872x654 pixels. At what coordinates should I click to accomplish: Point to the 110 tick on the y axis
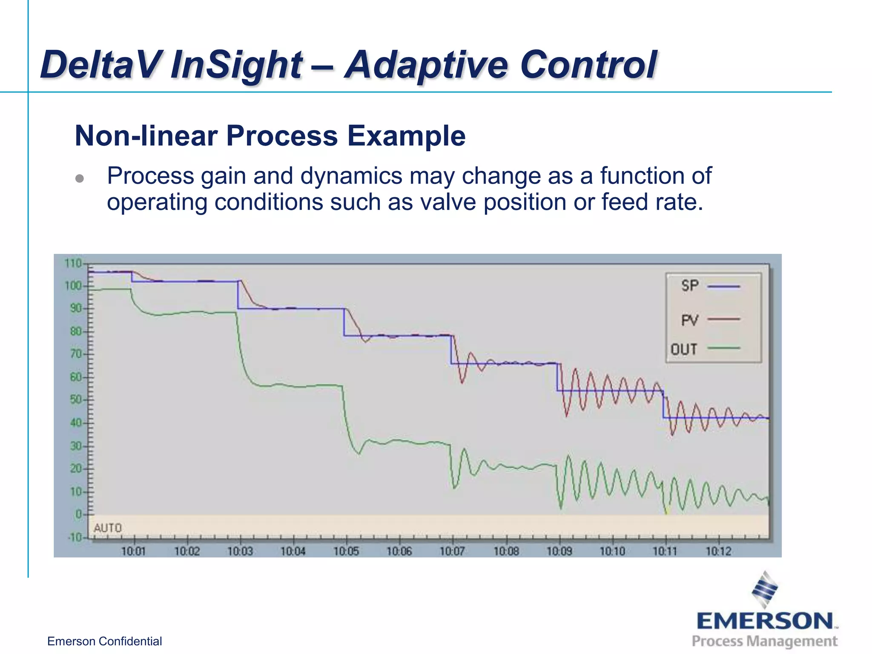[73, 264]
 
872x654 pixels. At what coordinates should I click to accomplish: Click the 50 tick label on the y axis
[75, 399]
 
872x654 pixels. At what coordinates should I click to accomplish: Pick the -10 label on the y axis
[75, 537]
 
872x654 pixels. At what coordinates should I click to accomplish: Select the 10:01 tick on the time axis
[134, 551]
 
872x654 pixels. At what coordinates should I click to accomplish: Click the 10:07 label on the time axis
[452, 551]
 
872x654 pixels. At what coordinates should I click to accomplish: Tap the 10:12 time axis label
[718, 551]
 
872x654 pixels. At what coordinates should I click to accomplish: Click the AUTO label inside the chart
[108, 528]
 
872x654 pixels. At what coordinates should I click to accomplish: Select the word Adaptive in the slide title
[426, 65]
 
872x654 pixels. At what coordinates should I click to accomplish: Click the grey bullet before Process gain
[80, 178]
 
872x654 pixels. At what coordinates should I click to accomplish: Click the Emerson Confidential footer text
[104, 641]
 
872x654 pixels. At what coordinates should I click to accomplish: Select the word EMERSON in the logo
[765, 621]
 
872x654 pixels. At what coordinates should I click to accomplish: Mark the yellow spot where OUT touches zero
[667, 512]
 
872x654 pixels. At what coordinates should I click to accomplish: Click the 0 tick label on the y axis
[78, 514]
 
